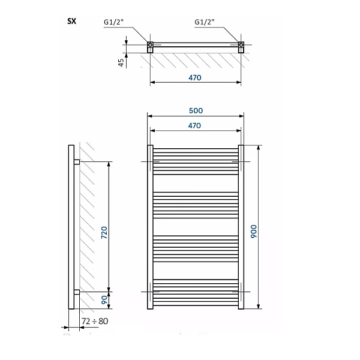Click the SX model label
coord(71,22)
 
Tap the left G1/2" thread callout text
coord(113,22)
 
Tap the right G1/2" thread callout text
coord(205,22)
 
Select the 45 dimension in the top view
coord(121,62)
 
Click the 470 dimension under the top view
coord(195,78)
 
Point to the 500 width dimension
coord(196,110)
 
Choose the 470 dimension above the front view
coord(194,125)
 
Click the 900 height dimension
coord(254,232)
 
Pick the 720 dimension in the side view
coord(104,232)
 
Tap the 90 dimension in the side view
coord(104,300)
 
